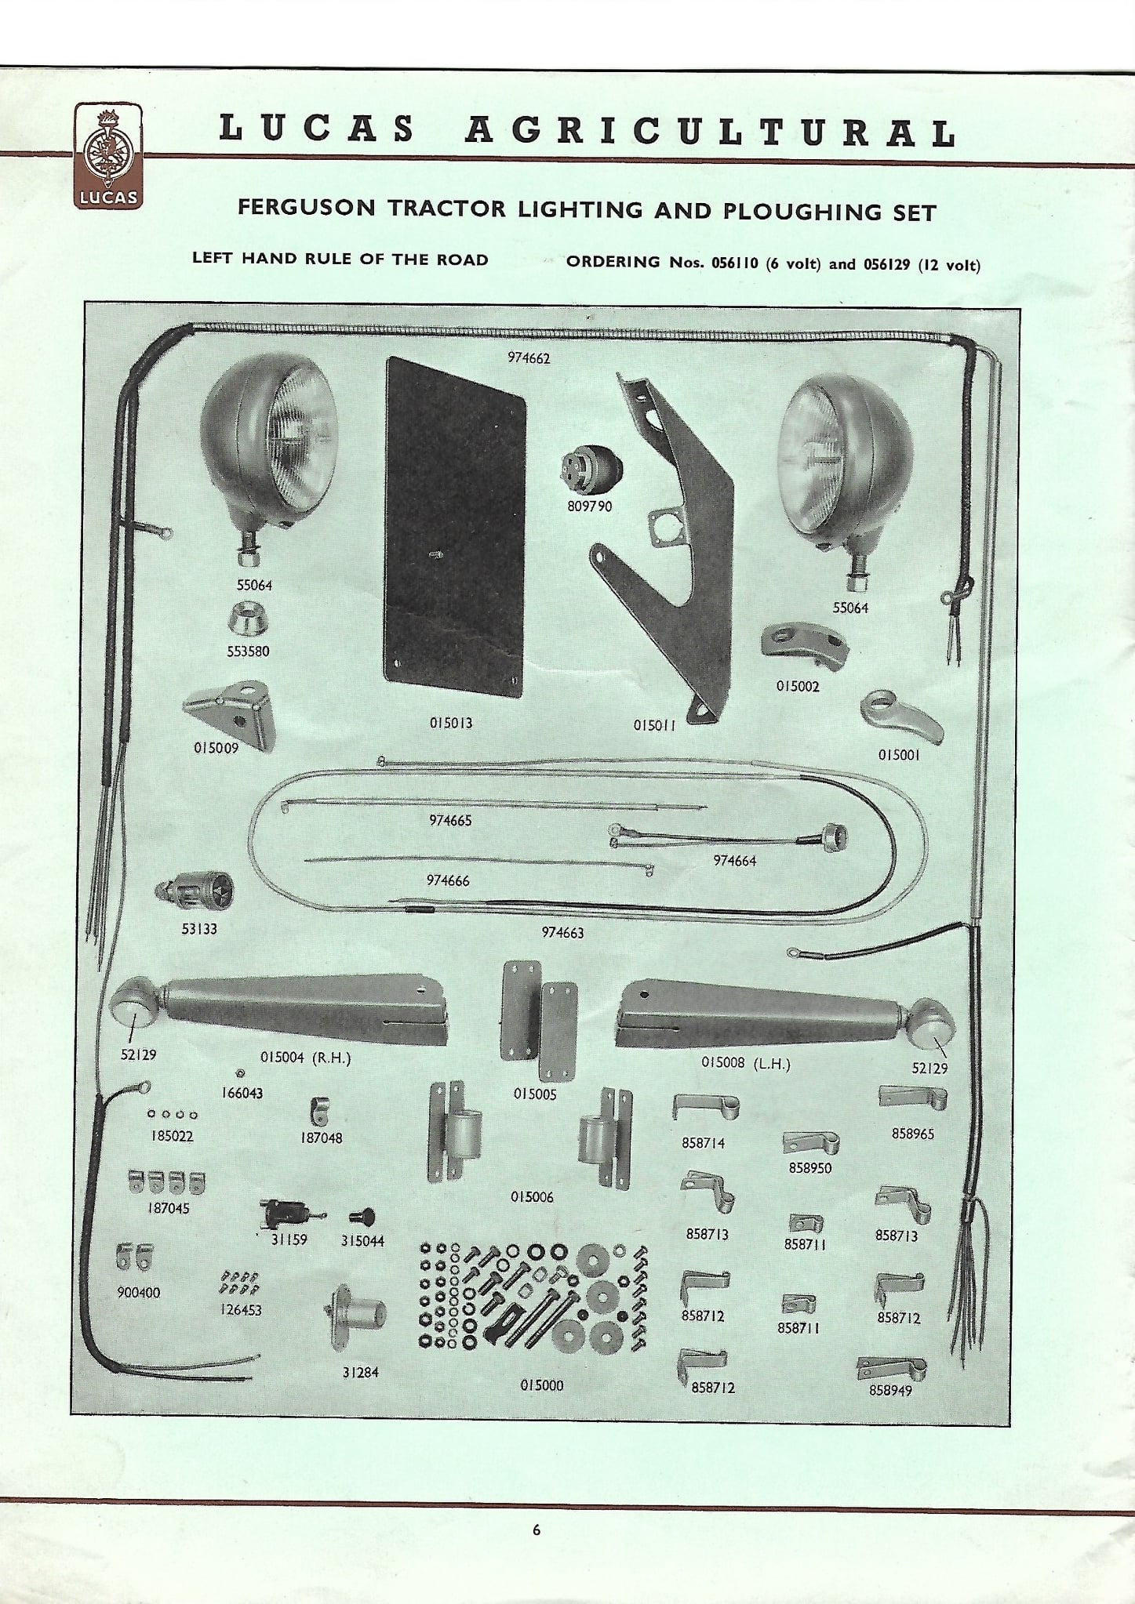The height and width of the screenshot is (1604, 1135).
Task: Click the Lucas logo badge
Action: pyautogui.click(x=109, y=156)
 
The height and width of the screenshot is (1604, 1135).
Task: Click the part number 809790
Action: pyautogui.click(x=589, y=506)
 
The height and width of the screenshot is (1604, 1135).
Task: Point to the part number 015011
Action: pyautogui.click(x=655, y=725)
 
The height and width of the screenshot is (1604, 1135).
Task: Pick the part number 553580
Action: pyautogui.click(x=248, y=651)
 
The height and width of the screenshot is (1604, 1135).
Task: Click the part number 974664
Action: pyautogui.click(x=734, y=860)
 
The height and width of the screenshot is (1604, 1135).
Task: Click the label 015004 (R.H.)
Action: pyautogui.click(x=305, y=1057)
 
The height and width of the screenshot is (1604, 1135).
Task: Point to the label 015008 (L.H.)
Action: pyautogui.click(x=745, y=1064)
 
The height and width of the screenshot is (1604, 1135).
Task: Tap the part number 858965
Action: pyautogui.click(x=912, y=1133)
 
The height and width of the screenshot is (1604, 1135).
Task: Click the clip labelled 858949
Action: pyautogui.click(x=891, y=1370)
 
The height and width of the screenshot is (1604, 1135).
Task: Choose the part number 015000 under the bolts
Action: pyautogui.click(x=541, y=1385)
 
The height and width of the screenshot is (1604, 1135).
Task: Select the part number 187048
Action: pyautogui.click(x=321, y=1138)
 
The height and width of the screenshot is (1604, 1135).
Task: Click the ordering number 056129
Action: pyautogui.click(x=886, y=264)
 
